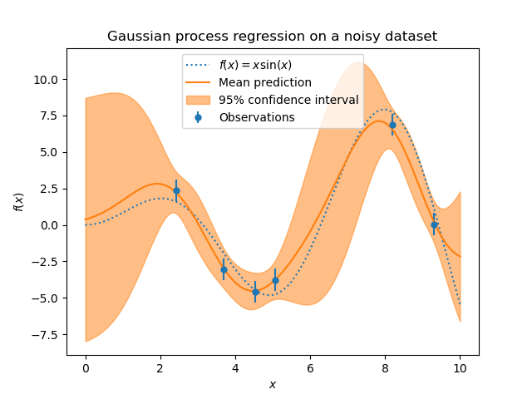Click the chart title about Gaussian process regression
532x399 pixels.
(x=272, y=37)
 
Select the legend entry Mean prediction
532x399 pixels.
(x=264, y=82)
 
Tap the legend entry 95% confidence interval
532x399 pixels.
(x=288, y=100)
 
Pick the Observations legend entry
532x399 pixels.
(x=256, y=117)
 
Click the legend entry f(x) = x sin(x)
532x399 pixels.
(x=255, y=65)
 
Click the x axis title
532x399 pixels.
(x=272, y=384)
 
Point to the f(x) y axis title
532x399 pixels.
(x=18, y=201)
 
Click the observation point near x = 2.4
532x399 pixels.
(x=176, y=190)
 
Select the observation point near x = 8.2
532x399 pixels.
(x=392, y=125)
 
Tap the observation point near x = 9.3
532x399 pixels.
(x=434, y=224)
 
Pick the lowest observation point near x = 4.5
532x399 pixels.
(x=255, y=292)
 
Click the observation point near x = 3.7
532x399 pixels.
(x=224, y=269)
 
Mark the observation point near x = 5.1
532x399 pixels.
(x=275, y=280)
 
